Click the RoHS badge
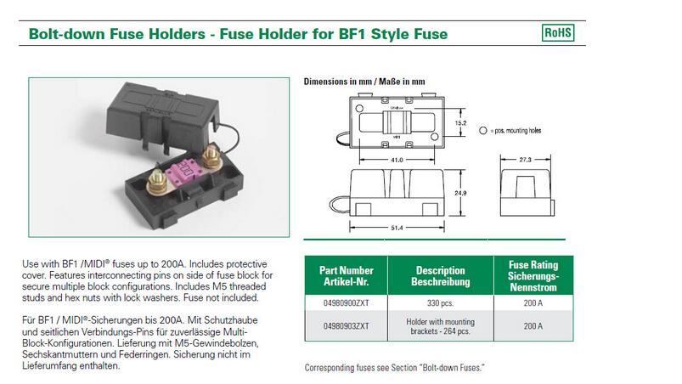click(x=557, y=33)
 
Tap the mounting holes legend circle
click(x=483, y=131)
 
